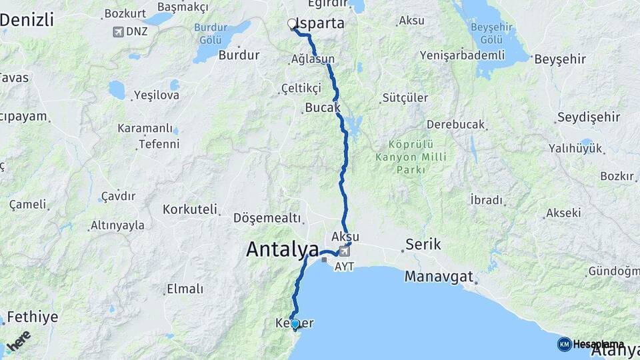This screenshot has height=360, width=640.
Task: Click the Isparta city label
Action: [x=321, y=23]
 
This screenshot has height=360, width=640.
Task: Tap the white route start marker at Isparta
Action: [x=291, y=24]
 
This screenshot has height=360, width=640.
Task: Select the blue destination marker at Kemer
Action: [x=295, y=323]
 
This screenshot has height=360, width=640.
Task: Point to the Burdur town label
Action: [x=239, y=55]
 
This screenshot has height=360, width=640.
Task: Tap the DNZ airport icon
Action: [x=118, y=31]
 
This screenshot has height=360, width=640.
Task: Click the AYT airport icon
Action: [x=344, y=251]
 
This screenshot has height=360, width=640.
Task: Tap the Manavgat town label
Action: [x=439, y=276]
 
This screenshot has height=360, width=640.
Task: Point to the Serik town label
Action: [x=424, y=245]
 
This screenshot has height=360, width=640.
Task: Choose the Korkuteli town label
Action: [x=190, y=209]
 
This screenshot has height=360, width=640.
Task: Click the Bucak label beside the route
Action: [x=323, y=107]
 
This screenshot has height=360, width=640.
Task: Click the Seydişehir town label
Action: [x=587, y=117]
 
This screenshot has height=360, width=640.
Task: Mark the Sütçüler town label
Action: [x=405, y=98]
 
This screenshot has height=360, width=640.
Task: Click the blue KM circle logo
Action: [x=564, y=344]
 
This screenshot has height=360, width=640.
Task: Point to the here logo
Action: [x=18, y=339]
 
